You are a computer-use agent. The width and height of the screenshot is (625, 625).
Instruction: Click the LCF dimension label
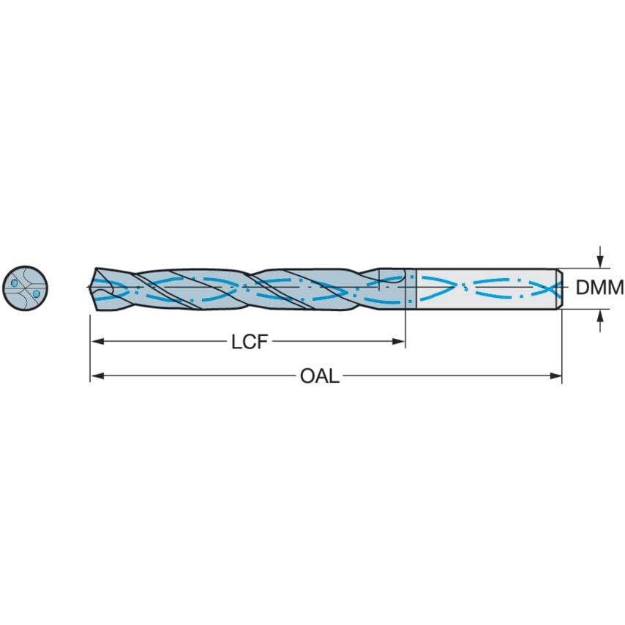click(x=249, y=342)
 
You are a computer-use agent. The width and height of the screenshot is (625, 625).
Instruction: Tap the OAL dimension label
click(x=320, y=376)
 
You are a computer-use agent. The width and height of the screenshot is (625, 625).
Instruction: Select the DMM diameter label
click(x=599, y=288)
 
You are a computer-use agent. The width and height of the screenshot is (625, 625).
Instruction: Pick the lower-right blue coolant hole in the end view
click(x=35, y=294)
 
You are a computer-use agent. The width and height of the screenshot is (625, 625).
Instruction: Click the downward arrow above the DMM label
click(x=600, y=261)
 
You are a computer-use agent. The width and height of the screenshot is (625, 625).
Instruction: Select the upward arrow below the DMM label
click(x=600, y=315)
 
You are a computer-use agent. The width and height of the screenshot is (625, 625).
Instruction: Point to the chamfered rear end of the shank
click(x=559, y=288)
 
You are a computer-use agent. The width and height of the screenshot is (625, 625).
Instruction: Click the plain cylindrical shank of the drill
click(x=483, y=288)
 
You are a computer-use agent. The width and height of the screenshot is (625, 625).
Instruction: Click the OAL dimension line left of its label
click(x=198, y=376)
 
